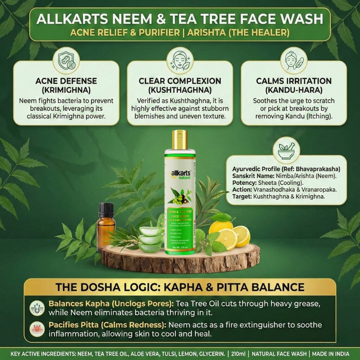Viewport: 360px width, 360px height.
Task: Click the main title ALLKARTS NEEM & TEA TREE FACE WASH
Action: point(179,20)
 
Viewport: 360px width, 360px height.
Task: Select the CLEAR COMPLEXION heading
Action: point(179,84)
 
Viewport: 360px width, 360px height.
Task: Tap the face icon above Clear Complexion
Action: point(179,59)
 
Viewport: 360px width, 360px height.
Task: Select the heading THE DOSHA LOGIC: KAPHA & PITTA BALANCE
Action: point(179,287)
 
